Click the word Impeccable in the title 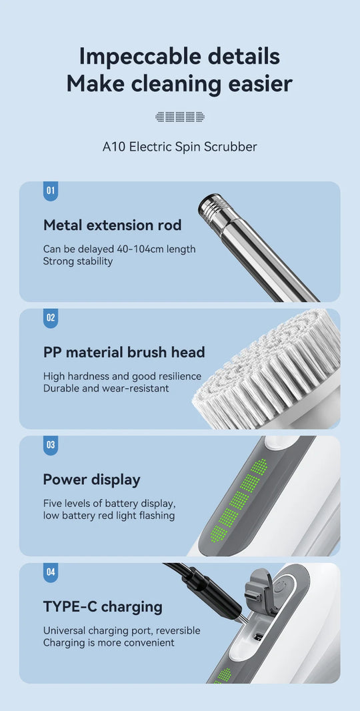[133, 57]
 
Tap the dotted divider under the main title [180, 117]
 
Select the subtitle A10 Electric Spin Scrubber [179, 147]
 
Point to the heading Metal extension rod [112, 225]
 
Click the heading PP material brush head [124, 352]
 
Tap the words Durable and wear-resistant [106, 389]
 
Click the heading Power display [91, 480]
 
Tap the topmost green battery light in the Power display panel [259, 467]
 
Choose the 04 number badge [50, 572]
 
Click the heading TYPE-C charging [103, 607]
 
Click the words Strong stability [78, 261]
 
